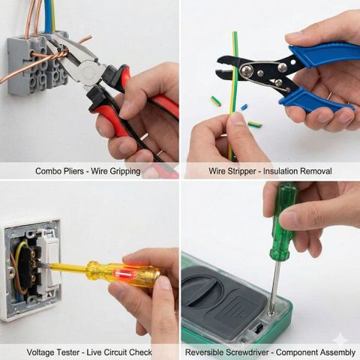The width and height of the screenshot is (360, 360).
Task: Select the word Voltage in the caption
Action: tap(40, 352)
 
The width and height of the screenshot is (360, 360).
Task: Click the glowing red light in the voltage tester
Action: tap(124, 274)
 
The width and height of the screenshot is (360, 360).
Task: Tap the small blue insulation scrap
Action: tap(244, 107)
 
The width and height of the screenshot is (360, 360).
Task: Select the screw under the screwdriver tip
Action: tap(270, 313)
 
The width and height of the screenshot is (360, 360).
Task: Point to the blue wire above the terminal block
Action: tap(48, 16)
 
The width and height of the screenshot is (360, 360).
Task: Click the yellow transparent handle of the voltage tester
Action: tap(123, 274)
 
